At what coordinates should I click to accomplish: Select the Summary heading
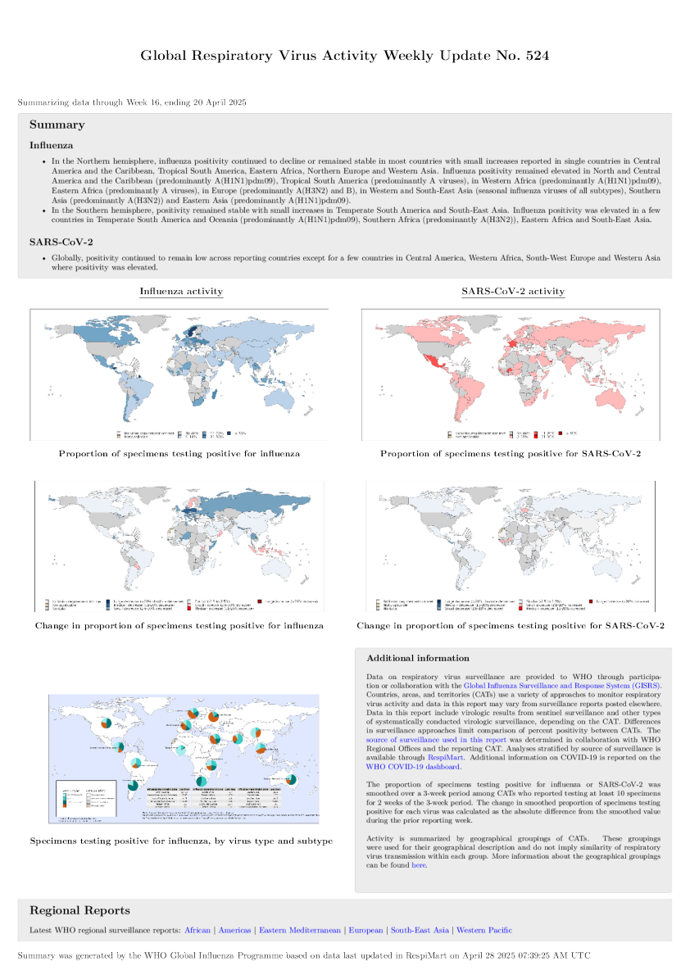tap(57, 125)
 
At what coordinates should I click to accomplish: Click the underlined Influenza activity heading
tap(181, 291)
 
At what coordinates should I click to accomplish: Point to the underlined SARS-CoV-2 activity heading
tap(513, 291)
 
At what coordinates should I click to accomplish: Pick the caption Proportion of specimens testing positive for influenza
tap(179, 453)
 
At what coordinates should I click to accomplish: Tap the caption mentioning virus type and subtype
tap(181, 841)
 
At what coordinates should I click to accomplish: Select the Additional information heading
tap(418, 658)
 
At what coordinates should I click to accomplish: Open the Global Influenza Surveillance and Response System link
tap(562, 685)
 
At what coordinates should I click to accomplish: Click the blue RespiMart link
tap(445, 758)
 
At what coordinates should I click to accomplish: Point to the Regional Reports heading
tap(79, 910)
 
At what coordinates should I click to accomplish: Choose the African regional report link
tap(197, 930)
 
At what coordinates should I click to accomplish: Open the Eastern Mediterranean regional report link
tap(300, 930)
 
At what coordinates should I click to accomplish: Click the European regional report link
tap(365, 930)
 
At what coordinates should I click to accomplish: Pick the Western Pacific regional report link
tap(484, 930)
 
